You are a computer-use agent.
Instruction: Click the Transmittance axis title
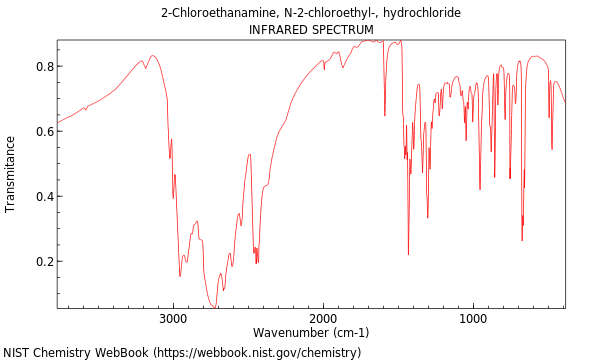[11, 174]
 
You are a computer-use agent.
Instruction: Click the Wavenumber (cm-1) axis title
[311, 333]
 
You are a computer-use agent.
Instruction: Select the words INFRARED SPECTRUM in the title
[311, 30]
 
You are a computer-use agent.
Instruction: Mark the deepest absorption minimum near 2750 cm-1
[213, 306]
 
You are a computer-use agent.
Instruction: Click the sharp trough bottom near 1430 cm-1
[408, 254]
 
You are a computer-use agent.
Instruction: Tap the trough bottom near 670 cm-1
[522, 240]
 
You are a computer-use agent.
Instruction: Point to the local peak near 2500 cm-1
[250, 154]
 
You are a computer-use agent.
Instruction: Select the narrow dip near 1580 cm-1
[385, 115]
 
